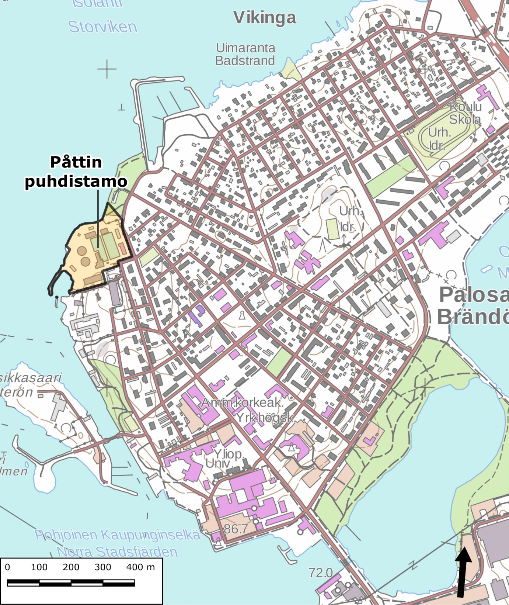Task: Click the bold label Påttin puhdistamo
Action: pyautogui.click(x=76, y=172)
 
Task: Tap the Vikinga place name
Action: pyautogui.click(x=265, y=18)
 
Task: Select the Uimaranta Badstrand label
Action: pyautogui.click(x=245, y=54)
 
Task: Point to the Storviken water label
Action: pyautogui.click(x=102, y=27)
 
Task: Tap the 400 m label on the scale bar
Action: pyautogui.click(x=140, y=567)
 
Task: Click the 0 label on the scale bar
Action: pyautogui.click(x=7, y=567)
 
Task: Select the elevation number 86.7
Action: pyautogui.click(x=236, y=529)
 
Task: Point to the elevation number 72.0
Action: pyautogui.click(x=320, y=573)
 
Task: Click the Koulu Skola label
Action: pyautogui.click(x=465, y=113)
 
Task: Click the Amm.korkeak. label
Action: pyautogui.click(x=242, y=402)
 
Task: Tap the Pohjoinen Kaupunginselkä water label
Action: pyautogui.click(x=118, y=535)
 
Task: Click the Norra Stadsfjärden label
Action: pyautogui.click(x=117, y=552)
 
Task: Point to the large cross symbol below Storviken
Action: pyautogui.click(x=107, y=69)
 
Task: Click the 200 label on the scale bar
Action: pyautogui.click(x=71, y=567)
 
